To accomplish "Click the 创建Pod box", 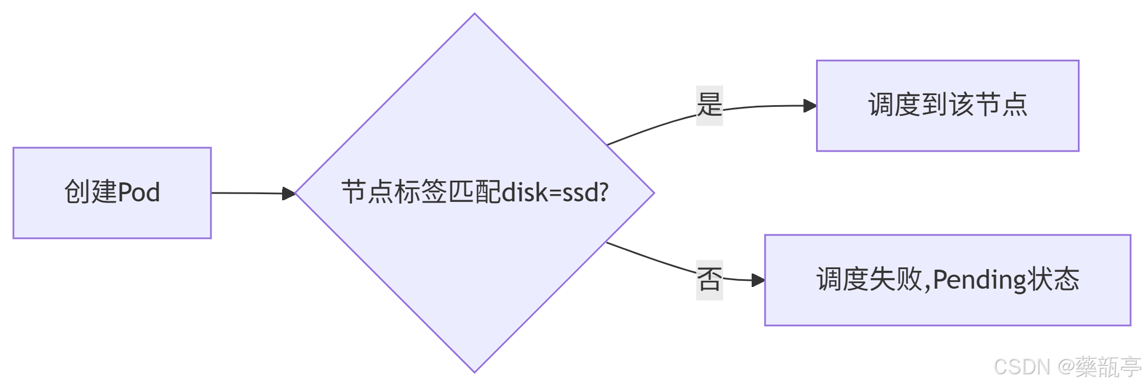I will [x=112, y=193].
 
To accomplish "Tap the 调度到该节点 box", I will [x=948, y=106].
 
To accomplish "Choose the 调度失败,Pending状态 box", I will [x=948, y=280].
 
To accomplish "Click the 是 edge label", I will [x=709, y=105].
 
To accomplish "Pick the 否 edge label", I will [x=709, y=280].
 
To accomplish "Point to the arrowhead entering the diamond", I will [x=289, y=194].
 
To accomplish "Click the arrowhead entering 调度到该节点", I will [x=810, y=106].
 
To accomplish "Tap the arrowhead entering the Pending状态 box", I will [x=758, y=280].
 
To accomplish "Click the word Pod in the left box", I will [x=139, y=192].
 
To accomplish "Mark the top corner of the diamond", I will [x=475, y=15].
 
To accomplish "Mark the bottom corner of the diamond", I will [x=475, y=371].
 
